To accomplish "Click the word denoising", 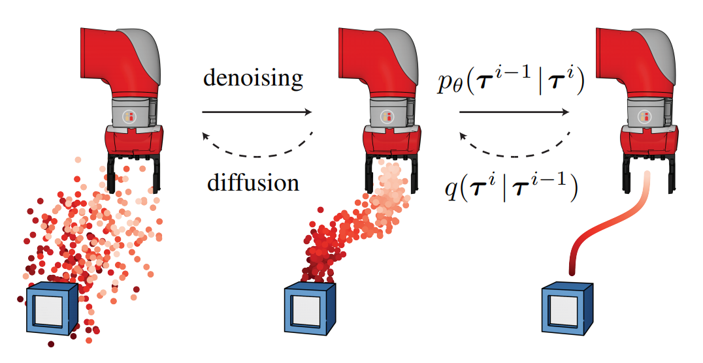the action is (x=253, y=78).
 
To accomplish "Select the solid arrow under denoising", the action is (x=257, y=112).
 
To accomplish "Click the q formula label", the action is (x=510, y=189).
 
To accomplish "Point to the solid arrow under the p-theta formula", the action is (x=514, y=112).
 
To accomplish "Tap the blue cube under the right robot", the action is (x=566, y=310).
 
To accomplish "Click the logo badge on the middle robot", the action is (x=388, y=116).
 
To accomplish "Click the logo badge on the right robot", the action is (x=645, y=116).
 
